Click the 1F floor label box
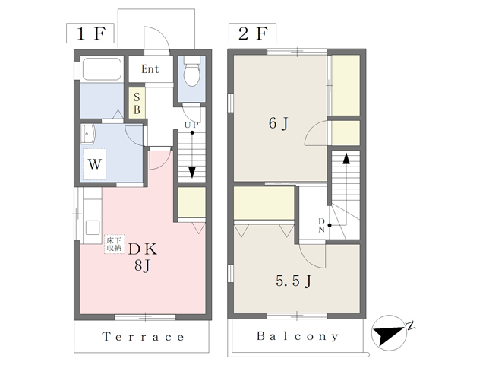point(90,33)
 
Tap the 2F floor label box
point(252,33)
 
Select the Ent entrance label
point(150,69)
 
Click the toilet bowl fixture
point(192,71)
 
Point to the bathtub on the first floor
point(102,69)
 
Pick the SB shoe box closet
point(137,103)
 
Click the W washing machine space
point(94,164)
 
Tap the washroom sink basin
point(88,134)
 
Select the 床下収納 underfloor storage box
point(114,244)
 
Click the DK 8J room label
point(144,257)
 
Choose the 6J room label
point(279,123)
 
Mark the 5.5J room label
point(294,281)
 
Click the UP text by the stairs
point(191,125)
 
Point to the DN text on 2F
point(321,226)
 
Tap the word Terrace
point(143,337)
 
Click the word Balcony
point(297,336)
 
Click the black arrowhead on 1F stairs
point(192,173)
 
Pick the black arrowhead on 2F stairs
point(346,158)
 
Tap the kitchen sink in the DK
point(93,228)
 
